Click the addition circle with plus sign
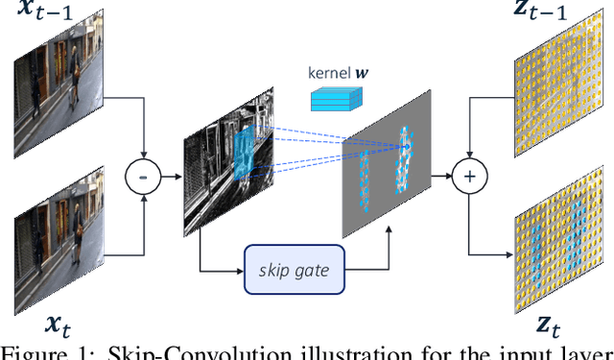(x=468, y=176)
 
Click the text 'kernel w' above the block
(x=335, y=73)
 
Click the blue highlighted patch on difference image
(x=246, y=154)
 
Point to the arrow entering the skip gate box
(x=226, y=270)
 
